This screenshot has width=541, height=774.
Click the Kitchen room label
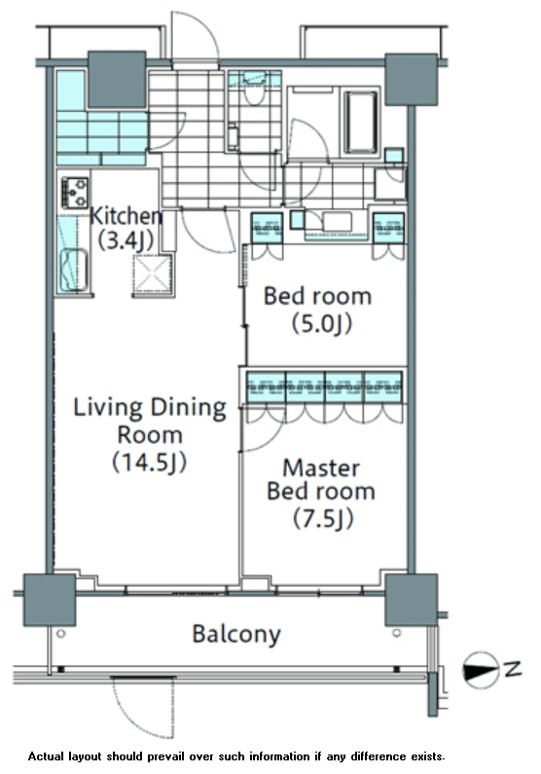click(126, 216)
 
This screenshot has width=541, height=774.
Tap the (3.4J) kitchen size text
click(126, 240)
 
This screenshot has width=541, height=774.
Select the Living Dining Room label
click(150, 421)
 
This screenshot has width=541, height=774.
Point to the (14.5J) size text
click(150, 462)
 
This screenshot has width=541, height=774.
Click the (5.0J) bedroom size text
click(321, 324)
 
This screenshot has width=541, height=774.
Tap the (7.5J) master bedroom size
click(323, 518)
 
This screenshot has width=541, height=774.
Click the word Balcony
click(236, 634)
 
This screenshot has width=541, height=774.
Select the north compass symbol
click(481, 670)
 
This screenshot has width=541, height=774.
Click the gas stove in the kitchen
click(75, 193)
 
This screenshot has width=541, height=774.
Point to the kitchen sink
click(74, 270)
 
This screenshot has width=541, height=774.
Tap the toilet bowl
click(255, 90)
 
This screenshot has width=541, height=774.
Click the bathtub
click(360, 122)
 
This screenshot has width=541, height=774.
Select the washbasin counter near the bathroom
click(337, 225)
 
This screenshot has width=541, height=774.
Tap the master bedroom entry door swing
click(264, 429)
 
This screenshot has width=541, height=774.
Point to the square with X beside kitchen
click(154, 275)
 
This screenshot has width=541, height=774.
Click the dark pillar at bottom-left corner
click(50, 600)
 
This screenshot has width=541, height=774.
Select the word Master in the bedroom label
click(321, 468)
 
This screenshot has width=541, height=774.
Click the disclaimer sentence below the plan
click(236, 756)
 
